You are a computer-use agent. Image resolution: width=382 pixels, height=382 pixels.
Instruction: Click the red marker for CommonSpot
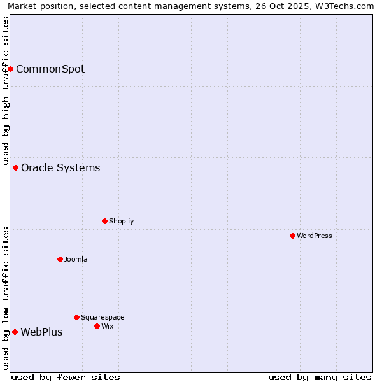click(11, 69)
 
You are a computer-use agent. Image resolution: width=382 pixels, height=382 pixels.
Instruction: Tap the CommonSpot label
click(50, 69)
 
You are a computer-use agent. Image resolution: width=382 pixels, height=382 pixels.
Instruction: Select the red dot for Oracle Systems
click(16, 168)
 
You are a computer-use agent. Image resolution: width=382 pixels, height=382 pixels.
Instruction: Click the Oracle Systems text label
click(60, 168)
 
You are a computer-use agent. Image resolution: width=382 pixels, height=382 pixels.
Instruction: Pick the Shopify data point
click(105, 222)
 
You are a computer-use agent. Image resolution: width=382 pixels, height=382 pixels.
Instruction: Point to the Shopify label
click(121, 222)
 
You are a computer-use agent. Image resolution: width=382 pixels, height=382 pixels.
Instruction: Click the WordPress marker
click(293, 236)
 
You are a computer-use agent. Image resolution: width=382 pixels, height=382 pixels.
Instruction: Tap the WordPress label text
click(315, 236)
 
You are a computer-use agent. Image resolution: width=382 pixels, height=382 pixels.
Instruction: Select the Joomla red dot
click(60, 260)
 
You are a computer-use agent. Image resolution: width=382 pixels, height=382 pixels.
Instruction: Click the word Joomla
click(76, 260)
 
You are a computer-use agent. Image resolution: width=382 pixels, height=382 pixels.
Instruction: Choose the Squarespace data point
click(77, 317)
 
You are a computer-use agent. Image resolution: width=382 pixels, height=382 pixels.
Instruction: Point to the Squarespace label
click(103, 318)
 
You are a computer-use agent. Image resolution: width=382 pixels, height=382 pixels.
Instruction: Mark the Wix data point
click(97, 327)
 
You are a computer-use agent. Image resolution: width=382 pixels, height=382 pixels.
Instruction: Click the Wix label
click(107, 327)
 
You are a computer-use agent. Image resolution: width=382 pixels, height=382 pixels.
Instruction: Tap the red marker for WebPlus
click(15, 332)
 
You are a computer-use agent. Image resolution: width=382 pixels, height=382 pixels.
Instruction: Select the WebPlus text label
click(41, 332)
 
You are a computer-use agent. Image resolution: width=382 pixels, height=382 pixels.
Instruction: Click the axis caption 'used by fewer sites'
click(66, 377)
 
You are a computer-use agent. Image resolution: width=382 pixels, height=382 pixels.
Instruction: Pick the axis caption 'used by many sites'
click(320, 377)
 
